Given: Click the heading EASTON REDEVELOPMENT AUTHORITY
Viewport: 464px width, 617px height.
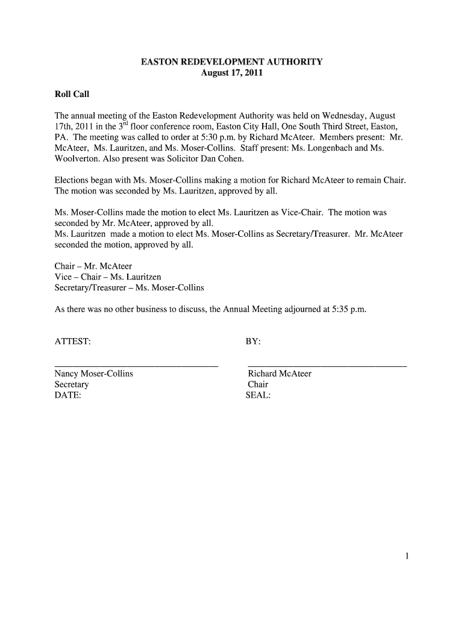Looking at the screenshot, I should pyautogui.click(x=232, y=62).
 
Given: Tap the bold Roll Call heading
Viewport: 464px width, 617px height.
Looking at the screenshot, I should pyautogui.click(x=72, y=95).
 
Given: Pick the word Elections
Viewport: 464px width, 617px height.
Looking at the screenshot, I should pyautogui.click(x=72, y=180).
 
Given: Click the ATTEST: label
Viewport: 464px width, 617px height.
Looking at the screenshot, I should pyautogui.click(x=73, y=342).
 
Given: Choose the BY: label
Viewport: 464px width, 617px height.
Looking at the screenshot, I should pyautogui.click(x=253, y=342).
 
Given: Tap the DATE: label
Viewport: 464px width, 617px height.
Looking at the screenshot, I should pyautogui.click(x=68, y=396).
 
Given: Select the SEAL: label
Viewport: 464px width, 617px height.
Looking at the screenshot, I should pyautogui.click(x=258, y=396).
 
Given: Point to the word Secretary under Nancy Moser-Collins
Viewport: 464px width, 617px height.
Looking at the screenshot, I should pyautogui.click(x=72, y=384).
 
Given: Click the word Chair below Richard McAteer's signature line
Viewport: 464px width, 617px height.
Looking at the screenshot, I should pyautogui.click(x=258, y=384).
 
